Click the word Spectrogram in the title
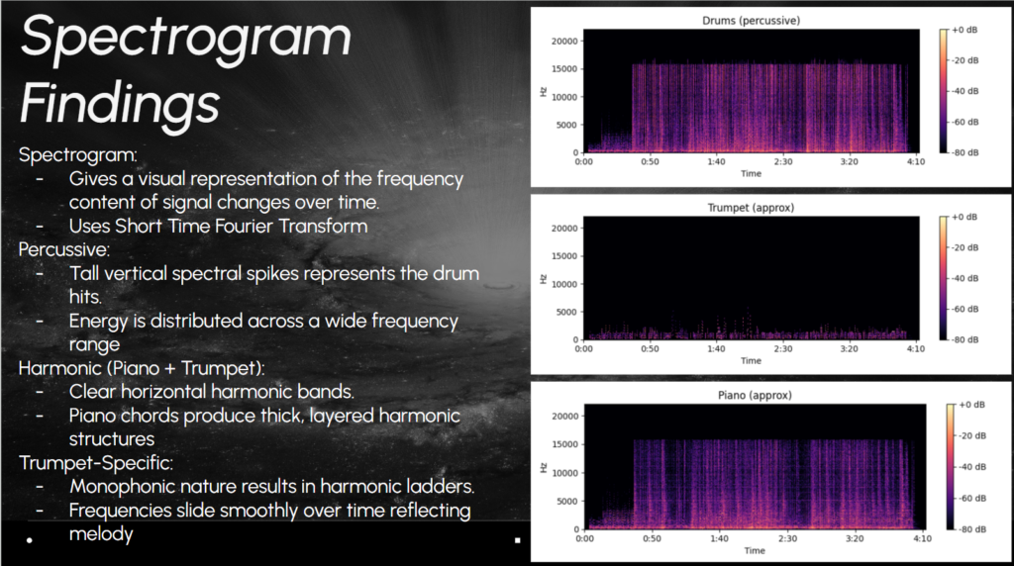[x=186, y=38]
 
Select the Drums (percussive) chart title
[x=751, y=20]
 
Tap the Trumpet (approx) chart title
[x=752, y=208]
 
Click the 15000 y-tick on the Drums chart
[x=564, y=69]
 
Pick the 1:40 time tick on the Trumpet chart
[x=718, y=348]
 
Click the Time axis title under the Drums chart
[x=752, y=173]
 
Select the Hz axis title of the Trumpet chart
[x=544, y=279]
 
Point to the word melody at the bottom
[x=101, y=533]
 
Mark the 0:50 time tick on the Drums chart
[x=651, y=161]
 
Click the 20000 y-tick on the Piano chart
[x=564, y=417]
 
